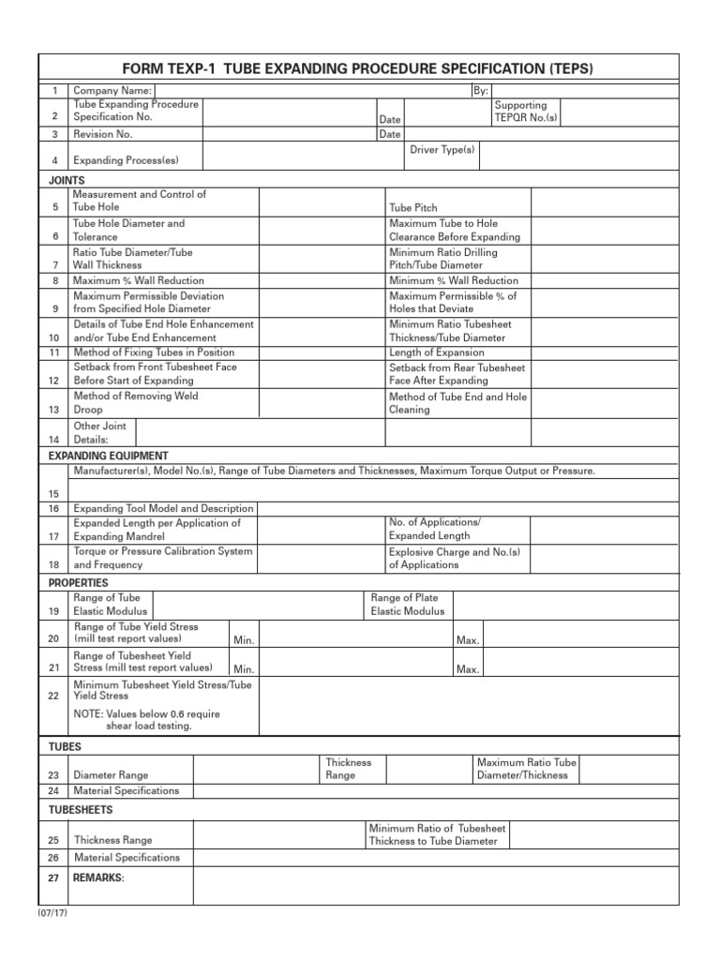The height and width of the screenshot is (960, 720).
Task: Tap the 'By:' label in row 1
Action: pos(482,90)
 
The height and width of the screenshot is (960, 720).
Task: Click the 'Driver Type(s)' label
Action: pos(442,150)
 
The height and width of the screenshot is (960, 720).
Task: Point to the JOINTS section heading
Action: pos(67,179)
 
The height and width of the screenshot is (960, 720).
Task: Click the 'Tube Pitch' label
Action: pos(413,207)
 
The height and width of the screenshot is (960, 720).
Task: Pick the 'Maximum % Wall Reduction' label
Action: pos(138,280)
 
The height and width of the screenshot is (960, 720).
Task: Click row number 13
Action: pos(54,410)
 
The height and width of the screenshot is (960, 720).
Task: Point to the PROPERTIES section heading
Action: pos(78,583)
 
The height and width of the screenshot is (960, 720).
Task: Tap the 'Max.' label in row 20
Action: pos(468,640)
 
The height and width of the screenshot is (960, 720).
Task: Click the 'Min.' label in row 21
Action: pos(245,669)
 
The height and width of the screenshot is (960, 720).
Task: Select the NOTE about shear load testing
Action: pos(147,720)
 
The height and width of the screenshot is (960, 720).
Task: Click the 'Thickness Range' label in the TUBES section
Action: pos(348,769)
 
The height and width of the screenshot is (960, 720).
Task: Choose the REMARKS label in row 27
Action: pos(98,877)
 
